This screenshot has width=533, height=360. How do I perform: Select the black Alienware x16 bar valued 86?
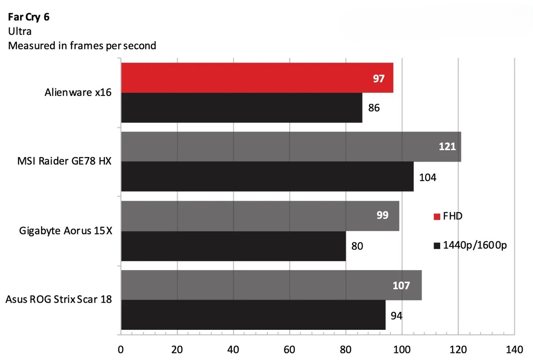coord(241,108)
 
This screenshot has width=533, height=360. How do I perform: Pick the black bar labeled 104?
coord(266,177)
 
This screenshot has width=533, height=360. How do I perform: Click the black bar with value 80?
coord(233,246)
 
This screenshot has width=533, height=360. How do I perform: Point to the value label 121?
coord(447,146)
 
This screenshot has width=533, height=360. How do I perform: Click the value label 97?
coord(378,79)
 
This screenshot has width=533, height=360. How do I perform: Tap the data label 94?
coord(397,316)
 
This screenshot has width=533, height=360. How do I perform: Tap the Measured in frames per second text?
coord(82,45)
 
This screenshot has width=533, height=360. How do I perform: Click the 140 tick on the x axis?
coord(514,348)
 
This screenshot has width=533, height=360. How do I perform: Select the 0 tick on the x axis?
coord(121,348)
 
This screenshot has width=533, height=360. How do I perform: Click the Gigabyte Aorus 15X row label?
coord(65,231)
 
